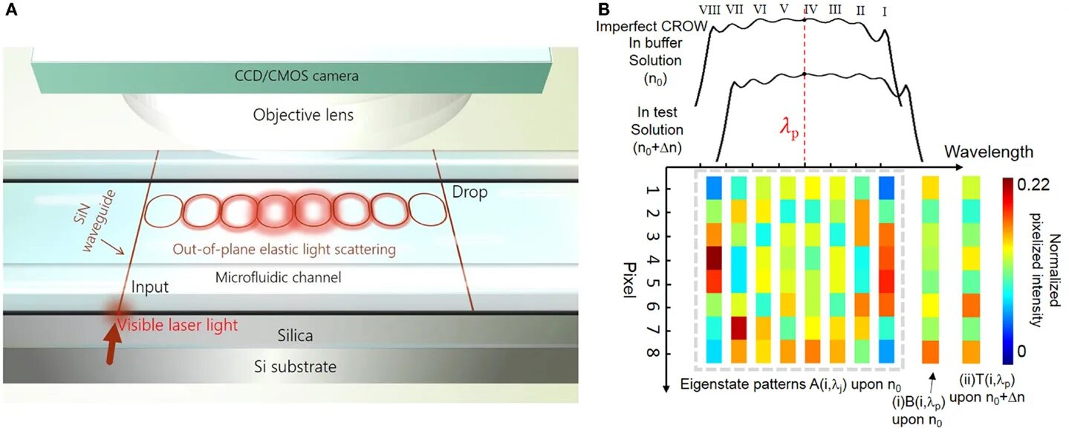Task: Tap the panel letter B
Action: tap(603, 10)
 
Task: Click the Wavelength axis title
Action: tap(989, 152)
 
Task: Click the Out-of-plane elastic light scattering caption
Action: tap(284, 250)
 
